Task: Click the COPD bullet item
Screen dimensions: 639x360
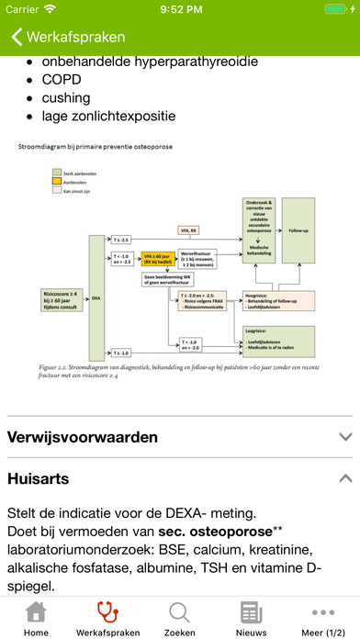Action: [x=66, y=80]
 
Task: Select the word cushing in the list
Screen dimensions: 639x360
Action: [x=66, y=98]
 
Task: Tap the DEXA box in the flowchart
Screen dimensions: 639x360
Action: [x=95, y=298]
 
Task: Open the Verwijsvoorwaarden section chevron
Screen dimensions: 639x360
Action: [x=344, y=437]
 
